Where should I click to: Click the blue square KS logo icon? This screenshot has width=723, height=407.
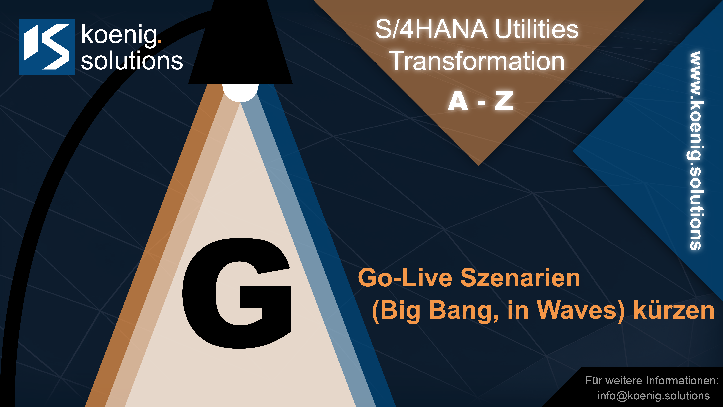47,47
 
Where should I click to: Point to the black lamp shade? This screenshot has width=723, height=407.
240,42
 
